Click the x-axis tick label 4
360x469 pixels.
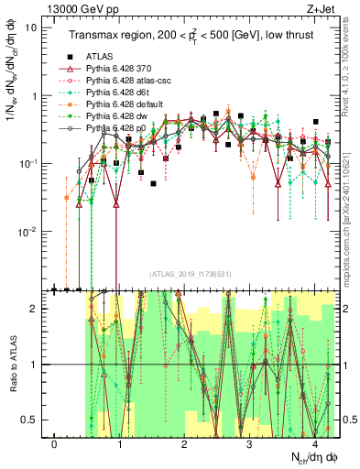tap(315, 444)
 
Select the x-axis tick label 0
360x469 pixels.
tap(55, 444)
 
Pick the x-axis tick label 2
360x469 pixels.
tap(185, 444)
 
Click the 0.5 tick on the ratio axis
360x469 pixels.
tap(30, 420)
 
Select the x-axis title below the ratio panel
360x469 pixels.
tap(311, 459)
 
